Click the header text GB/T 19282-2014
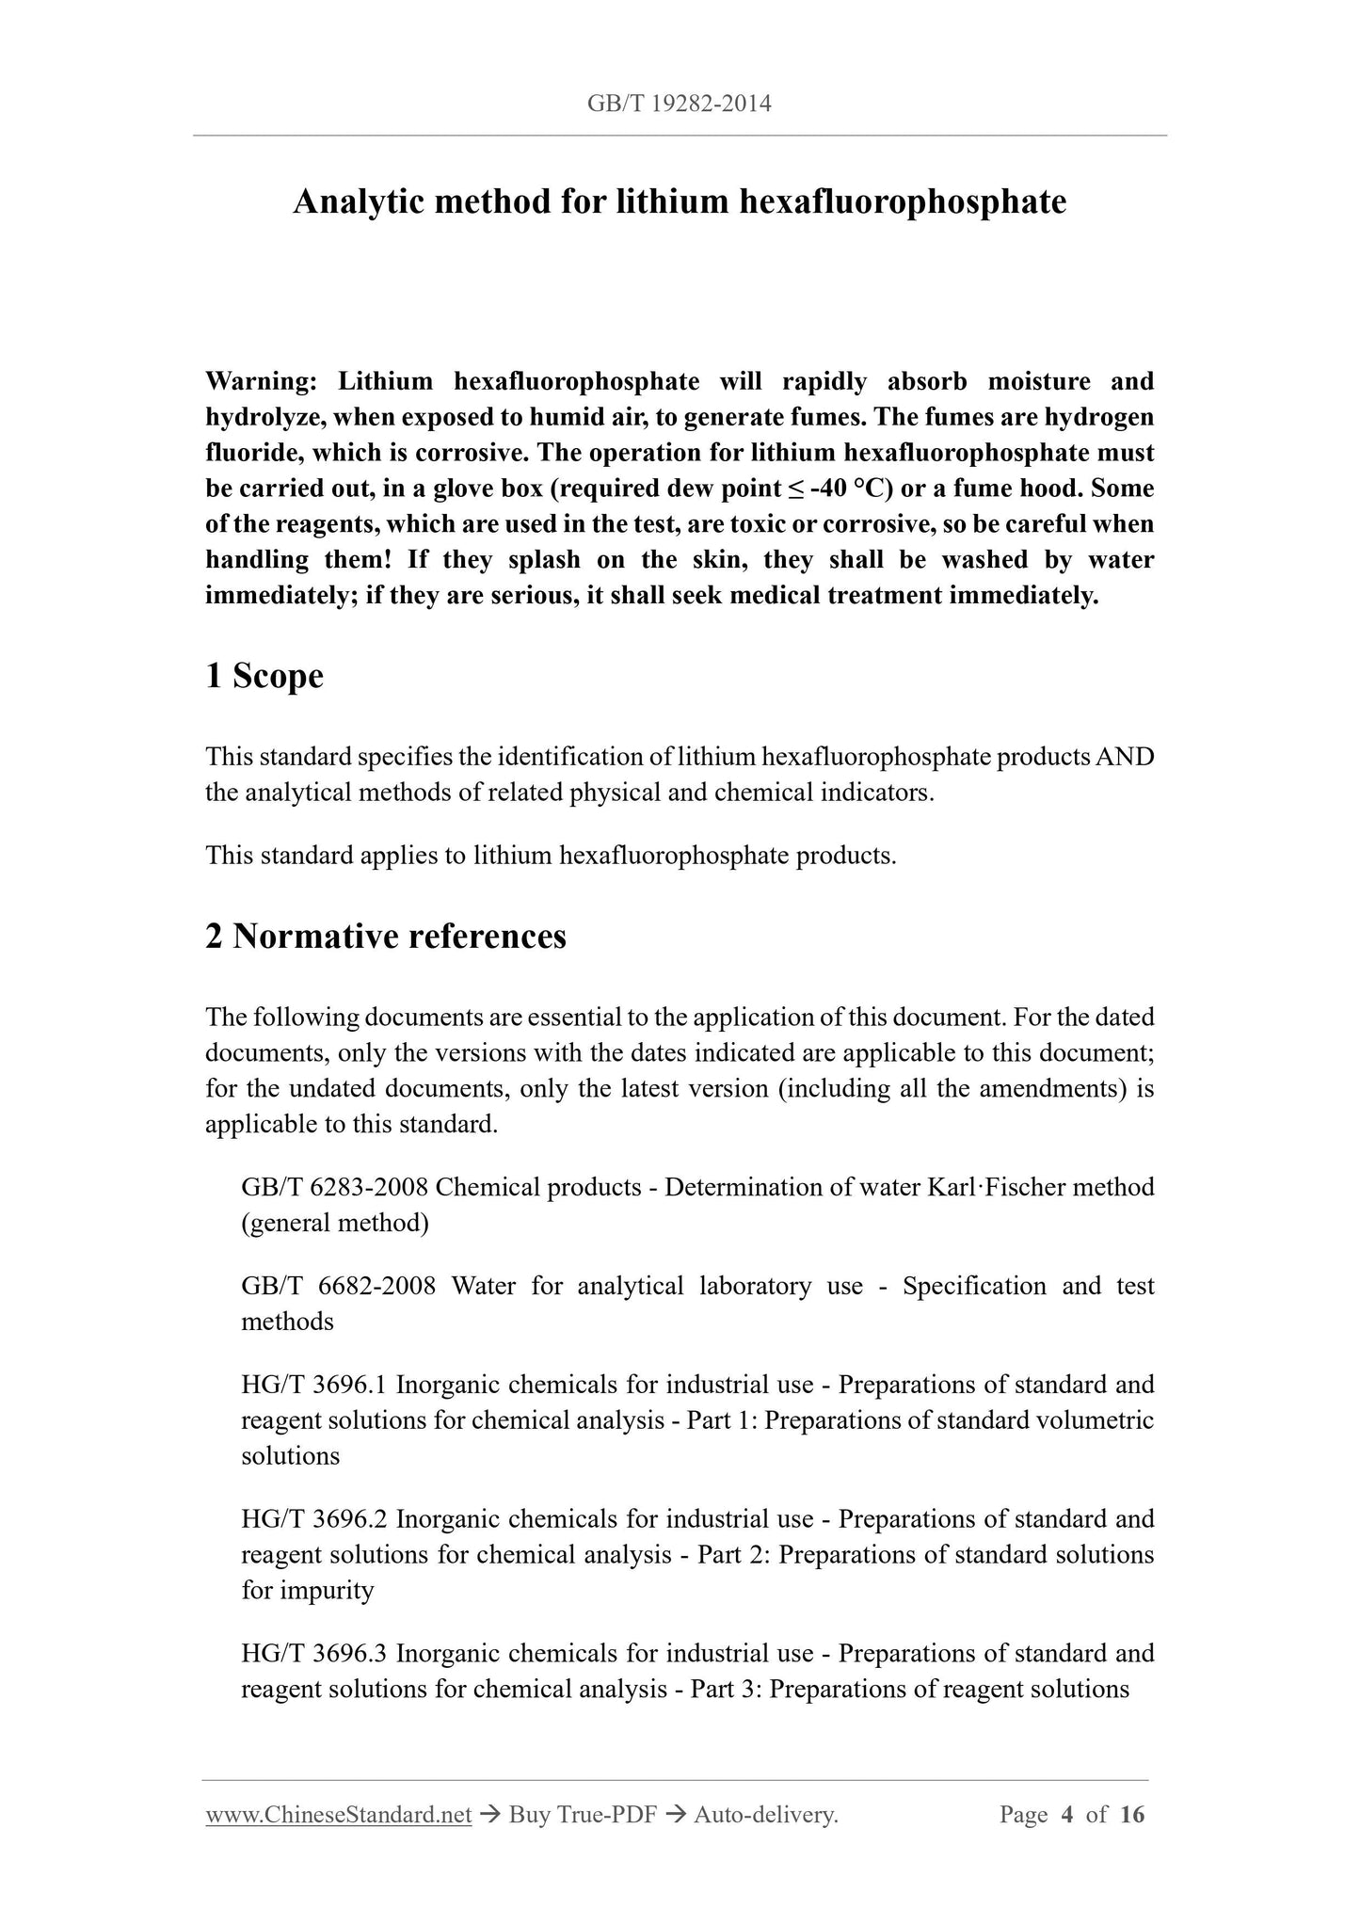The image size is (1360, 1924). (679, 104)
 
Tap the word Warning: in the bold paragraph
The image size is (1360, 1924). (261, 381)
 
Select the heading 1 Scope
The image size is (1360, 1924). (264, 676)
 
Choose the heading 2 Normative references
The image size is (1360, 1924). (386, 937)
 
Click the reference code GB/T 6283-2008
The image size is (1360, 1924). (335, 1187)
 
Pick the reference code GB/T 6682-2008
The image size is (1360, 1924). (338, 1286)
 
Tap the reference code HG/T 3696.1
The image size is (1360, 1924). (314, 1385)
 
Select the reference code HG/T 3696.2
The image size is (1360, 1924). (314, 1519)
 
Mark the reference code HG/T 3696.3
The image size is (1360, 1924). (314, 1654)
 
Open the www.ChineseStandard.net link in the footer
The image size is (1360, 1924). (338, 1816)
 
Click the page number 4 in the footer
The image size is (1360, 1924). (1066, 1816)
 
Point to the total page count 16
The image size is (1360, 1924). (1132, 1816)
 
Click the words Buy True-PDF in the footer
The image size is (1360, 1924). (582, 1816)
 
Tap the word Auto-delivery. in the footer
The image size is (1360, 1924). (765, 1816)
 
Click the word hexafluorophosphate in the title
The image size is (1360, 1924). (903, 201)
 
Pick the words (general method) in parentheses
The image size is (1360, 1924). (335, 1223)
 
